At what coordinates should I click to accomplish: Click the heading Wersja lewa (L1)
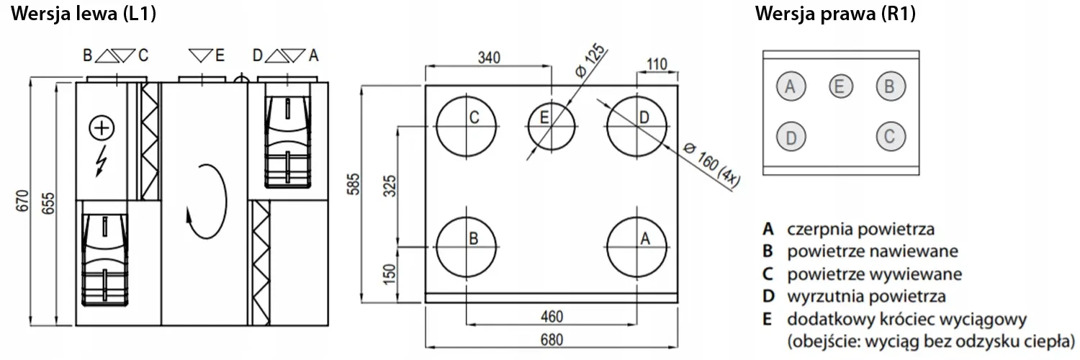pyautogui.click(x=84, y=14)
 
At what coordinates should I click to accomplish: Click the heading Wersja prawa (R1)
pyautogui.click(x=835, y=14)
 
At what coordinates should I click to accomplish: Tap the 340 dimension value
pyautogui.click(x=489, y=58)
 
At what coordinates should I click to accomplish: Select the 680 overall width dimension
pyautogui.click(x=552, y=340)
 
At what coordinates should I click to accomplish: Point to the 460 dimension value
pyautogui.click(x=552, y=317)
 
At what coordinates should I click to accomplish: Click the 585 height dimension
pyautogui.click(x=354, y=184)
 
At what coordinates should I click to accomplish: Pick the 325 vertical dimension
pyautogui.click(x=390, y=186)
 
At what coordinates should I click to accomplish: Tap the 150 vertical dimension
pyautogui.click(x=389, y=274)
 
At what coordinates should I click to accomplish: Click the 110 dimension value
pyautogui.click(x=657, y=64)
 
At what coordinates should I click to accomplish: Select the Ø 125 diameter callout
pyautogui.click(x=590, y=60)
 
